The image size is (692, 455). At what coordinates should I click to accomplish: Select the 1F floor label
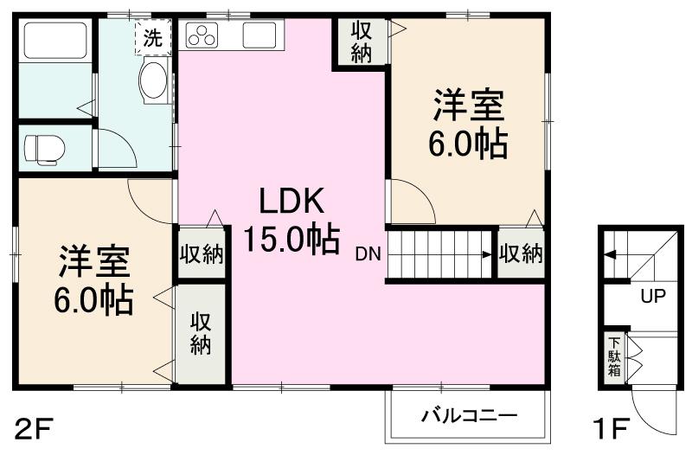click(611, 428)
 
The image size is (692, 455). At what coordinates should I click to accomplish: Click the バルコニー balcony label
click(469, 416)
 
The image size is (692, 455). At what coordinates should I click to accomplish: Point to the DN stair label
click(368, 254)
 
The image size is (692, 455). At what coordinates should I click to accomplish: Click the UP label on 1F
click(653, 297)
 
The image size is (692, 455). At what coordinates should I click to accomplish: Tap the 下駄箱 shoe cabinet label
click(613, 356)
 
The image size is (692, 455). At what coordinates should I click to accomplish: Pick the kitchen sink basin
click(259, 36)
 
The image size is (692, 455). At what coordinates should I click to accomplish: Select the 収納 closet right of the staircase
click(520, 253)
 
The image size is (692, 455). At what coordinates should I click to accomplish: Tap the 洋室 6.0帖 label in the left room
click(94, 279)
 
